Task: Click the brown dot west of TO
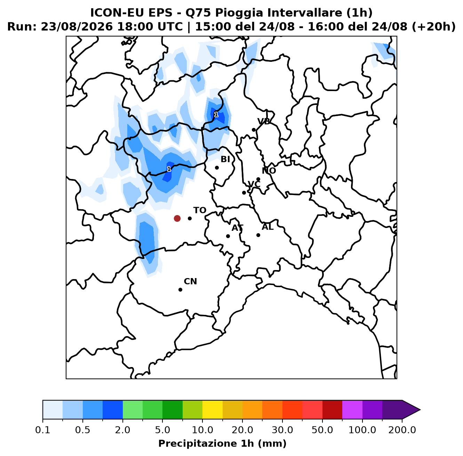tap(177, 218)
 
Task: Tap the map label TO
tap(200, 210)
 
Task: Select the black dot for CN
tap(180, 290)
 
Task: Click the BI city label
tap(225, 159)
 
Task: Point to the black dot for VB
tap(254, 130)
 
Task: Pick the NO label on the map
tap(269, 171)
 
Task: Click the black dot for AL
tap(258, 235)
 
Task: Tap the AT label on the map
tap(237, 228)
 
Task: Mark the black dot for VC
tap(244, 193)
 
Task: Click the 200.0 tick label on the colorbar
tap(402, 430)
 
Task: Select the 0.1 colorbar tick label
tap(43, 430)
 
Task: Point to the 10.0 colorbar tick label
tap(202, 430)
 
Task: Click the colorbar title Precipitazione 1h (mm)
tap(222, 443)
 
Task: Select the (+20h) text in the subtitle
tap(434, 27)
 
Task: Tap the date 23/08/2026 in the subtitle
tap(77, 27)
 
